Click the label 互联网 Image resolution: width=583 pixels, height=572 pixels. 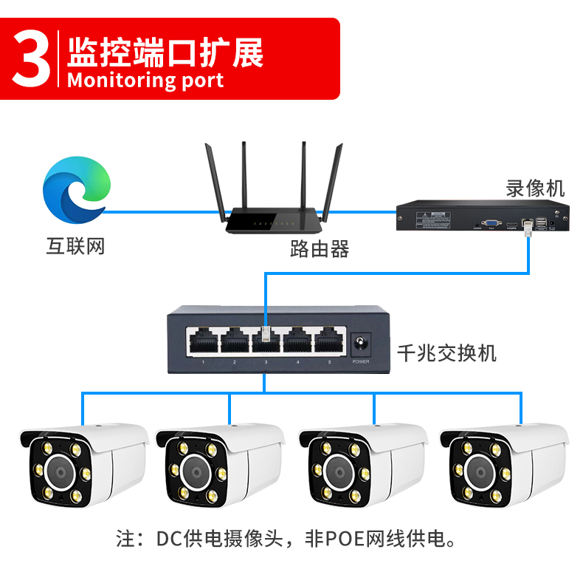pos(76,246)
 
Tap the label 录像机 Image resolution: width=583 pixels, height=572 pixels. pos(535,188)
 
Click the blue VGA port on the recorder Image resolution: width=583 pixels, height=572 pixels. pos(489,222)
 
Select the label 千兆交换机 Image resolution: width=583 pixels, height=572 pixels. pos(446,353)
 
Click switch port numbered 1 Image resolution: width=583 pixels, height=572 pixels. pos(202,341)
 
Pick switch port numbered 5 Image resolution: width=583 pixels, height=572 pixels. pos(329,341)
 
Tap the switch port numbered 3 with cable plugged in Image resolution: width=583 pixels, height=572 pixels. pos(266,340)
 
